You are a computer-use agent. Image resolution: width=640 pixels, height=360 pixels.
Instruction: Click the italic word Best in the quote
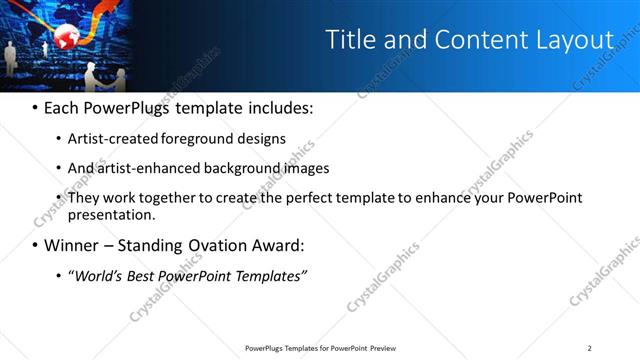[x=141, y=275]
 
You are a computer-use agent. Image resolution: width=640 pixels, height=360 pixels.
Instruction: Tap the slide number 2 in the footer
[x=590, y=348]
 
